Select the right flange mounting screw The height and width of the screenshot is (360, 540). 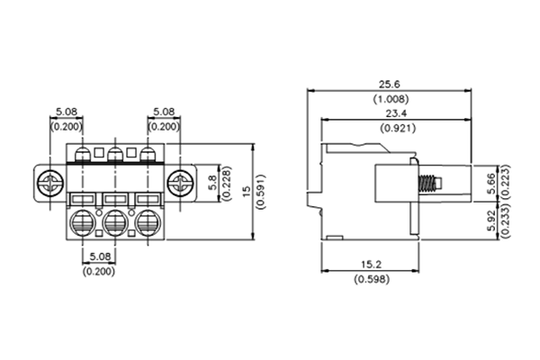tap(182, 185)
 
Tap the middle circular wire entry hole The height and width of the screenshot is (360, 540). tap(115, 221)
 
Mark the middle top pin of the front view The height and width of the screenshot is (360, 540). tap(115, 156)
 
